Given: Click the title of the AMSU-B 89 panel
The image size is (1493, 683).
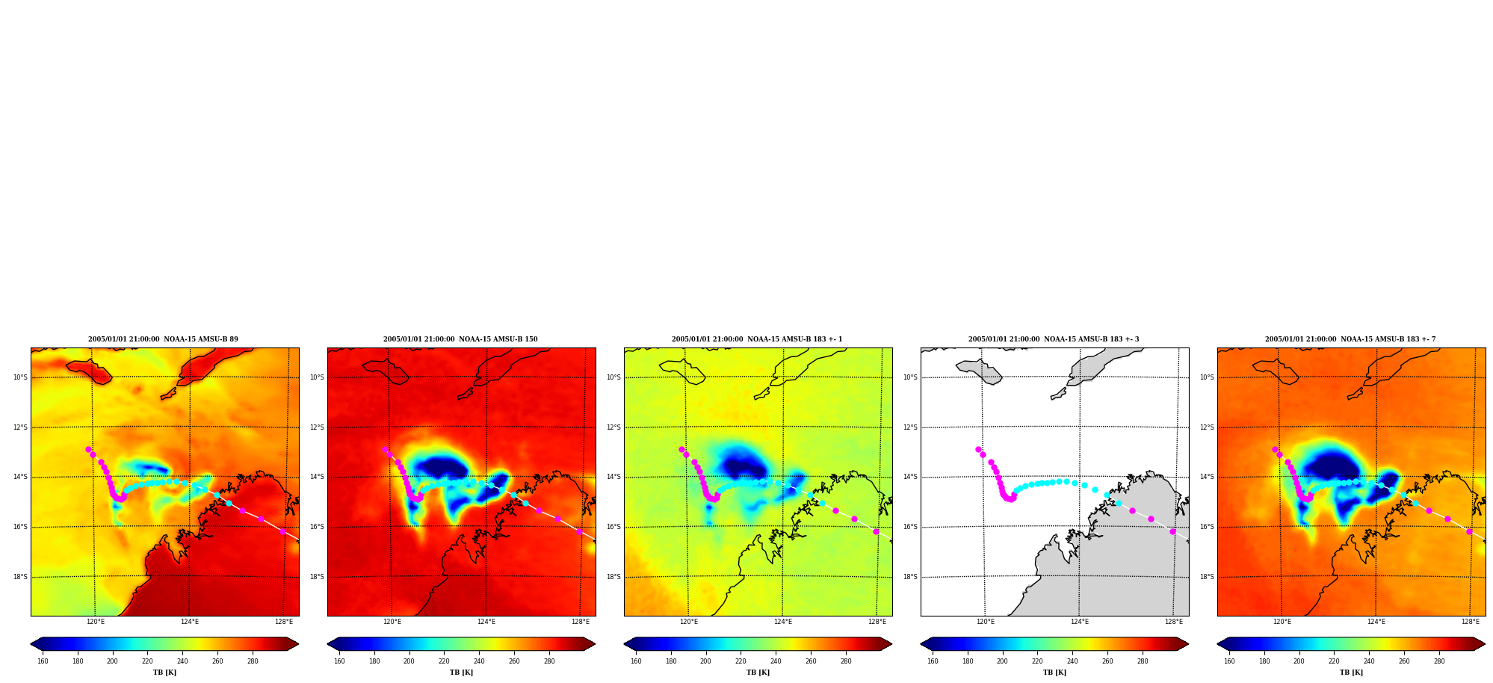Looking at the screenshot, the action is click(163, 339).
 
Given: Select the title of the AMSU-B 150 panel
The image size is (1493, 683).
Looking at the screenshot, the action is click(460, 339).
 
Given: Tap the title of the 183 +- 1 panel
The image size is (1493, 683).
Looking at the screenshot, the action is click(757, 339).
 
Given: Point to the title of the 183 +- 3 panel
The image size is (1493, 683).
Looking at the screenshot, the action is click(1054, 339).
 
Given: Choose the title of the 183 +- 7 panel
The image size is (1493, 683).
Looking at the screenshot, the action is click(1350, 339).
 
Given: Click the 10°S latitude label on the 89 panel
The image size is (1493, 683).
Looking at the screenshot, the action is click(20, 377).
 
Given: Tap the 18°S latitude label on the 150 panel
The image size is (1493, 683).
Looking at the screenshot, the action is click(317, 577).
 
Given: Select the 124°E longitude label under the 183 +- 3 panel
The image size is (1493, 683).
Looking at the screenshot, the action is click(1080, 622).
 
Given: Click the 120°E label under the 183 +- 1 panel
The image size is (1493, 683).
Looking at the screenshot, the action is click(689, 622).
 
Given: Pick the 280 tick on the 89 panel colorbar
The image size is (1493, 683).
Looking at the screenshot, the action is click(253, 661).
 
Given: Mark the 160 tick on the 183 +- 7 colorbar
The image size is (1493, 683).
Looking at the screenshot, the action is click(1229, 661).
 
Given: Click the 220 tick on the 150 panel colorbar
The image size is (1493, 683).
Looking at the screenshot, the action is click(444, 661).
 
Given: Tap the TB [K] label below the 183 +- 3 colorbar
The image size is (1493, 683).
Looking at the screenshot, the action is click(1054, 673).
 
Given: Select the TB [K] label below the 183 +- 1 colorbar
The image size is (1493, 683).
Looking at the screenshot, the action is click(758, 673).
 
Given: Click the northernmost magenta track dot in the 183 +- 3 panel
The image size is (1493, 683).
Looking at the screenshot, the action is click(978, 450).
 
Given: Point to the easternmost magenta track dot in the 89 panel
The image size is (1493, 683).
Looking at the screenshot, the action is click(282, 531).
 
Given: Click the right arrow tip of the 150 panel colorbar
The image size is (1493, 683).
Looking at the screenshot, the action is click(595, 644).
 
